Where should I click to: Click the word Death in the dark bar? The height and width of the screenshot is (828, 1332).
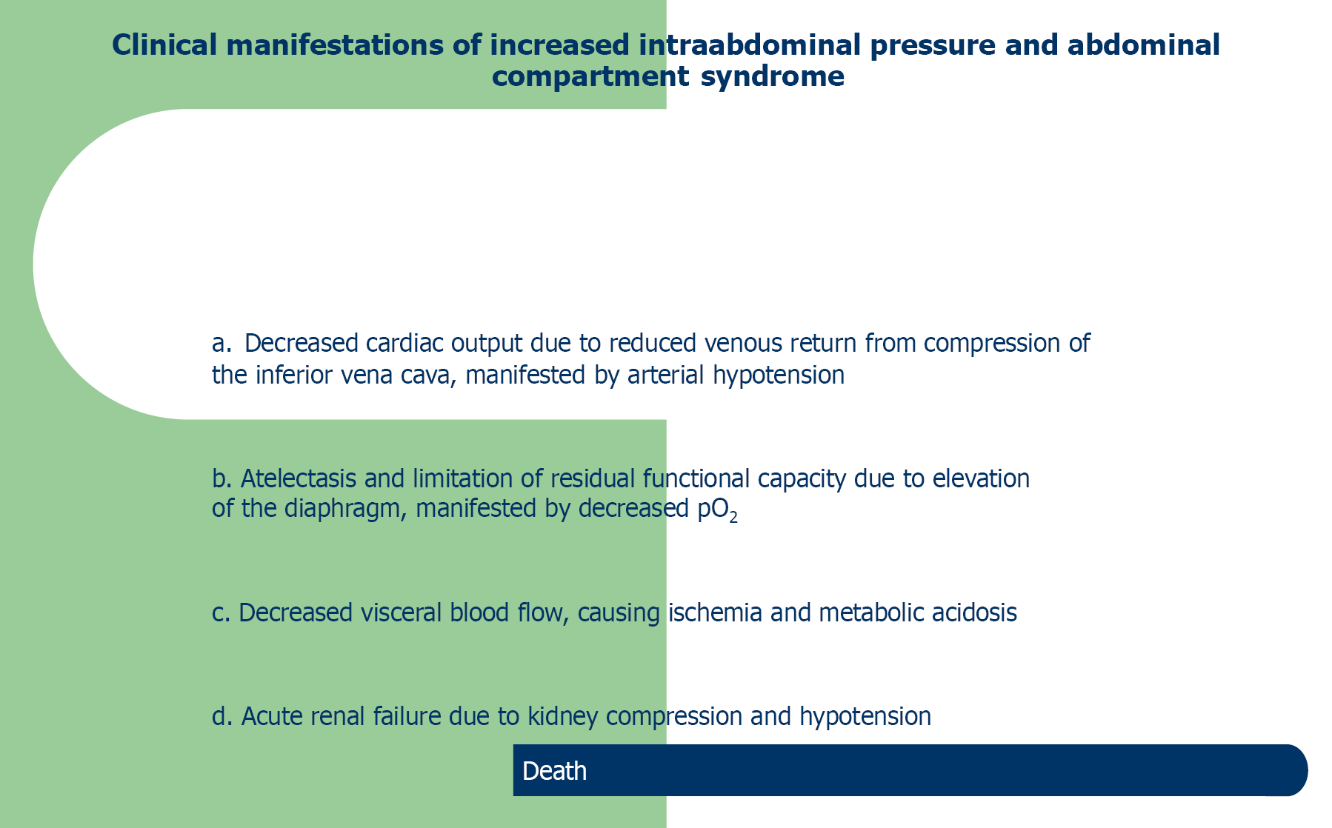(x=554, y=771)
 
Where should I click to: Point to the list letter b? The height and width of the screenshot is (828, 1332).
(x=222, y=478)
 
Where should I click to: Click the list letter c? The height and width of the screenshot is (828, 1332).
(x=221, y=613)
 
